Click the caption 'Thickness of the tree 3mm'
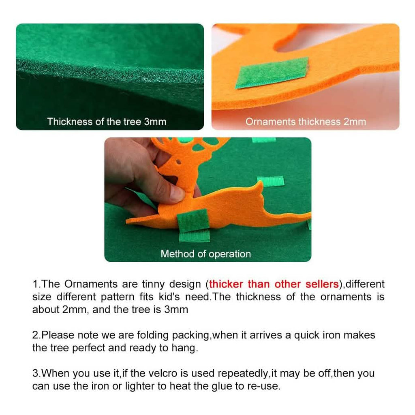107,122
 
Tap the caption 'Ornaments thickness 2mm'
306,122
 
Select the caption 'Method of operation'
205,254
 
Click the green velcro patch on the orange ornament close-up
272,73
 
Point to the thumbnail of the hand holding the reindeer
208,199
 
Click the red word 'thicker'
226,284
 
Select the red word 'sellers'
322,284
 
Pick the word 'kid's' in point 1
169,297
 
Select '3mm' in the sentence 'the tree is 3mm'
176,309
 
